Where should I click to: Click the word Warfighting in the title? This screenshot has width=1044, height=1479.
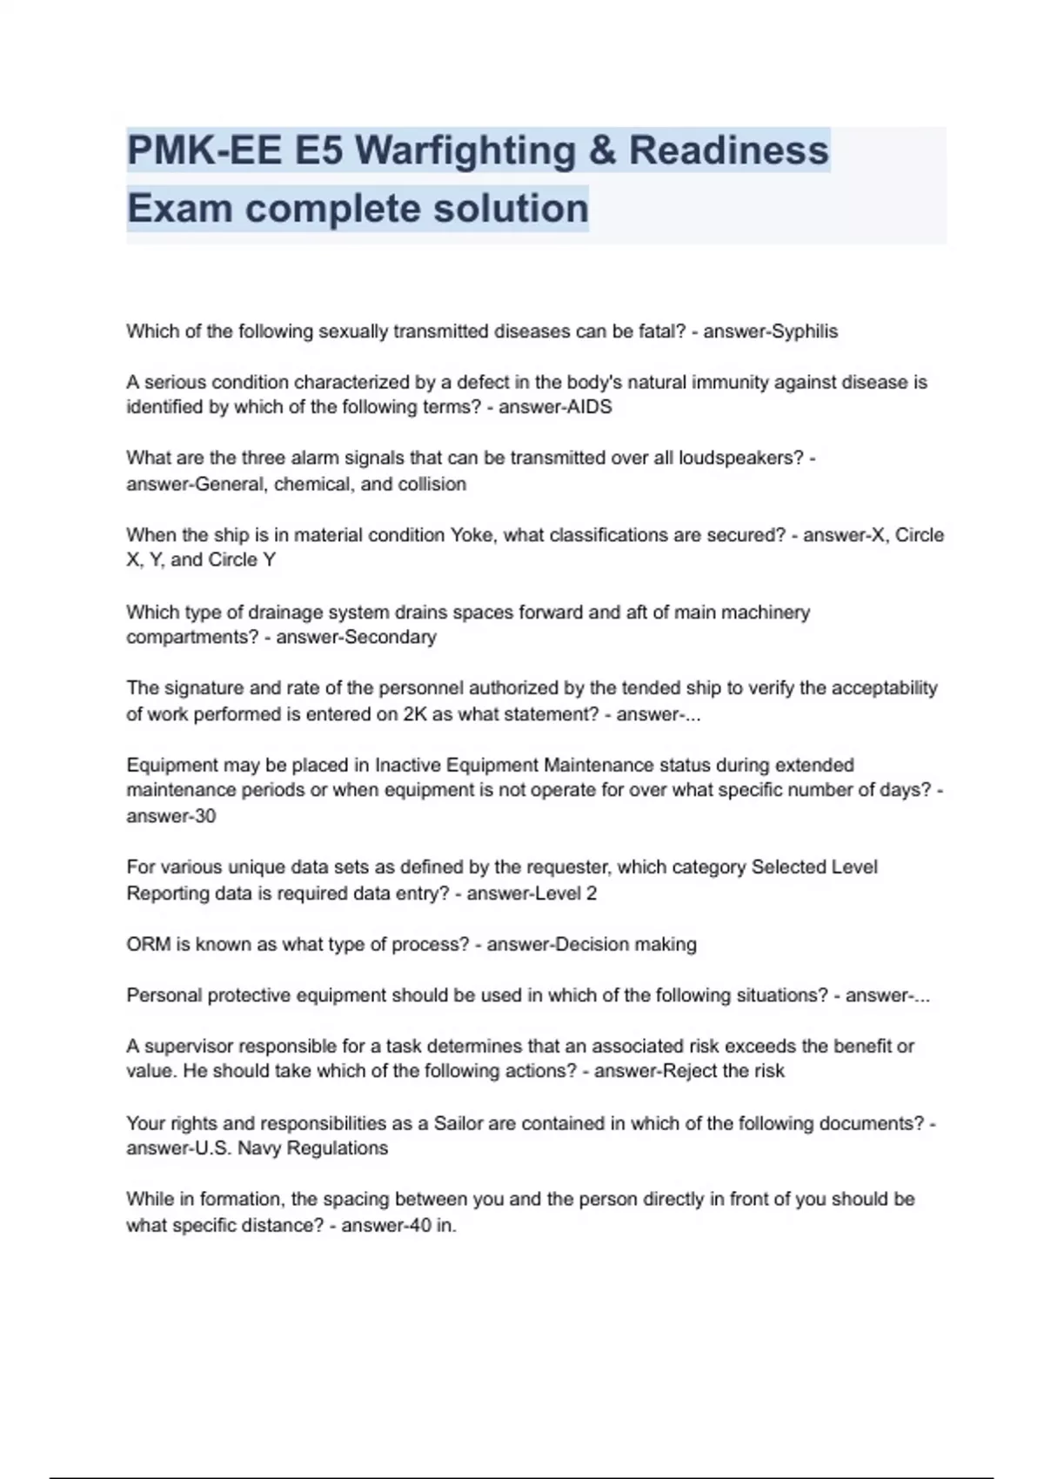(x=465, y=151)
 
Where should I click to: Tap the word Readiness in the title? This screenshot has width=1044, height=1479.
(x=728, y=151)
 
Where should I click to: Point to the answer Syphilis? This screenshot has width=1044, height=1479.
(x=798, y=331)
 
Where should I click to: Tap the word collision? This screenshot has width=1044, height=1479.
(x=432, y=484)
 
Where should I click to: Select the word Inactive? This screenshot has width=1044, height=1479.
(x=405, y=766)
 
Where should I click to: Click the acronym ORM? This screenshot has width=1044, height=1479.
(x=148, y=945)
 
